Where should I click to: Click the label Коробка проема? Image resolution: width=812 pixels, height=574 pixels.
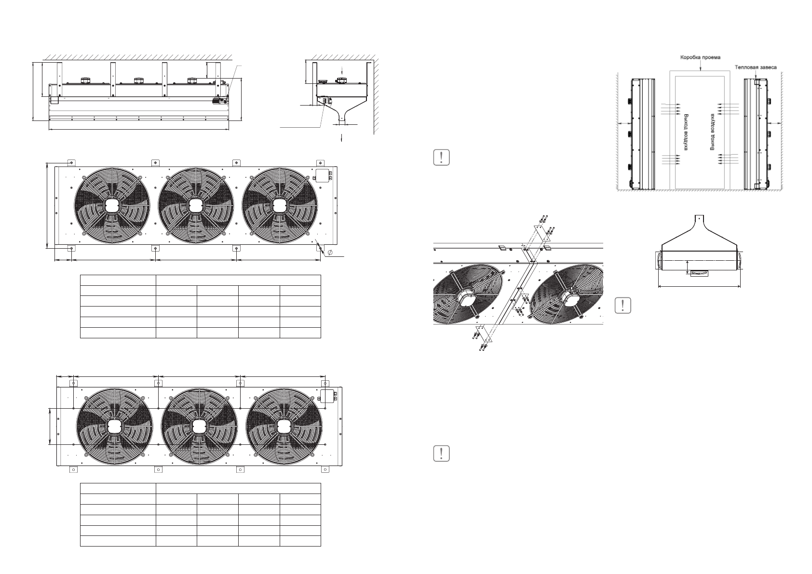700,57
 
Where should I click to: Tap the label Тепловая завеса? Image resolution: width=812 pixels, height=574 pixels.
756,67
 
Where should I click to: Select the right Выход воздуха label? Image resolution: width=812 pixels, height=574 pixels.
712,132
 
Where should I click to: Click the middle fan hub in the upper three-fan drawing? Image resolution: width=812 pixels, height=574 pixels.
195,205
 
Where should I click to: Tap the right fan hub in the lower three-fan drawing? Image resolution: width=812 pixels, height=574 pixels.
284,426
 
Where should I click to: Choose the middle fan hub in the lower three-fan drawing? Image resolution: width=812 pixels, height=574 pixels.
199,426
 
